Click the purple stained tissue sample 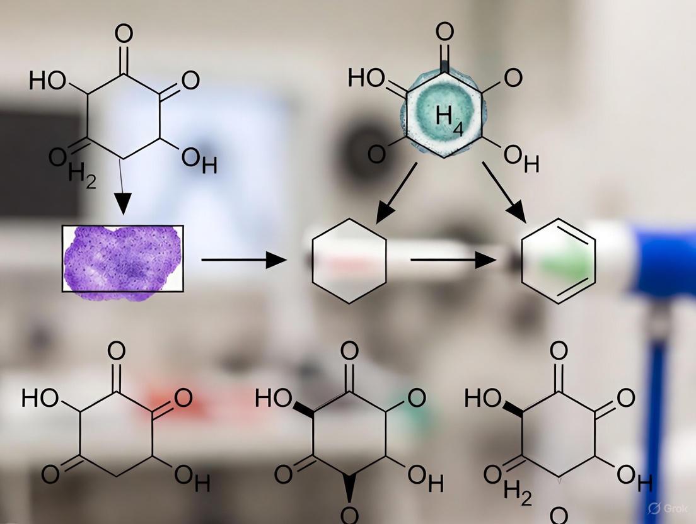pyautogui.click(x=123, y=258)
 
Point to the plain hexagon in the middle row pyautogui.click(x=349, y=261)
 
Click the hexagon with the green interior pyautogui.click(x=559, y=261)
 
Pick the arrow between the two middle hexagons pyautogui.click(x=453, y=259)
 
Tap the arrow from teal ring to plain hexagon pyautogui.click(x=396, y=193)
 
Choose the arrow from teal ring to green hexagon pyautogui.click(x=504, y=191)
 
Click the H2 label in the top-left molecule pyautogui.click(x=82, y=173)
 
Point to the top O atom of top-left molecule pyautogui.click(x=124, y=34)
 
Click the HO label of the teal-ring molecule pyautogui.click(x=366, y=78)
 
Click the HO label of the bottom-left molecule pyautogui.click(x=40, y=398)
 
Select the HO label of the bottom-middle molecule pyautogui.click(x=274, y=398)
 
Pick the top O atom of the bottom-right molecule pyautogui.click(x=559, y=351)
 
